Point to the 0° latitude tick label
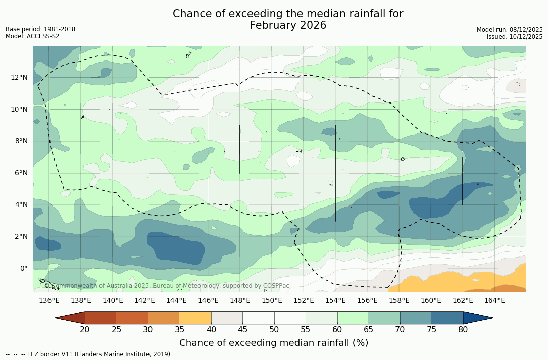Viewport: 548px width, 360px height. tap(23, 268)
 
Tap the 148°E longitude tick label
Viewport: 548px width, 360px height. tap(240, 301)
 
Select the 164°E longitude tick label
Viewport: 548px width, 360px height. tap(494, 301)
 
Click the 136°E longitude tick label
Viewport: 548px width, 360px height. tap(49, 301)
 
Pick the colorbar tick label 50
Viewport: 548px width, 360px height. tap(274, 330)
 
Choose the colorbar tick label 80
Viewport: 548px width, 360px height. tap(463, 330)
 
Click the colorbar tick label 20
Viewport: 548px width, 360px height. tap(85, 330)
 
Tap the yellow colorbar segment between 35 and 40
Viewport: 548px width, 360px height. tap(195, 318)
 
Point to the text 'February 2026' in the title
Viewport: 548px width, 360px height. tap(288, 25)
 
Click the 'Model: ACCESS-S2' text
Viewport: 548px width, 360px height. tap(32, 36)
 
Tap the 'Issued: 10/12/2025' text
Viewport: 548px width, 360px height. tap(514, 37)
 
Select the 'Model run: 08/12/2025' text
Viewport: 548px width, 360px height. tap(510, 30)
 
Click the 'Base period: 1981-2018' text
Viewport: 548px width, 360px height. tap(40, 29)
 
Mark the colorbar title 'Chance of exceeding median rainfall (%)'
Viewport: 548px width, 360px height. tap(274, 343)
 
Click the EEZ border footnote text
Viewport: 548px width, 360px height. tap(89, 354)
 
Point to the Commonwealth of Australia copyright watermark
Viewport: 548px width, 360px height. tap(167, 286)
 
